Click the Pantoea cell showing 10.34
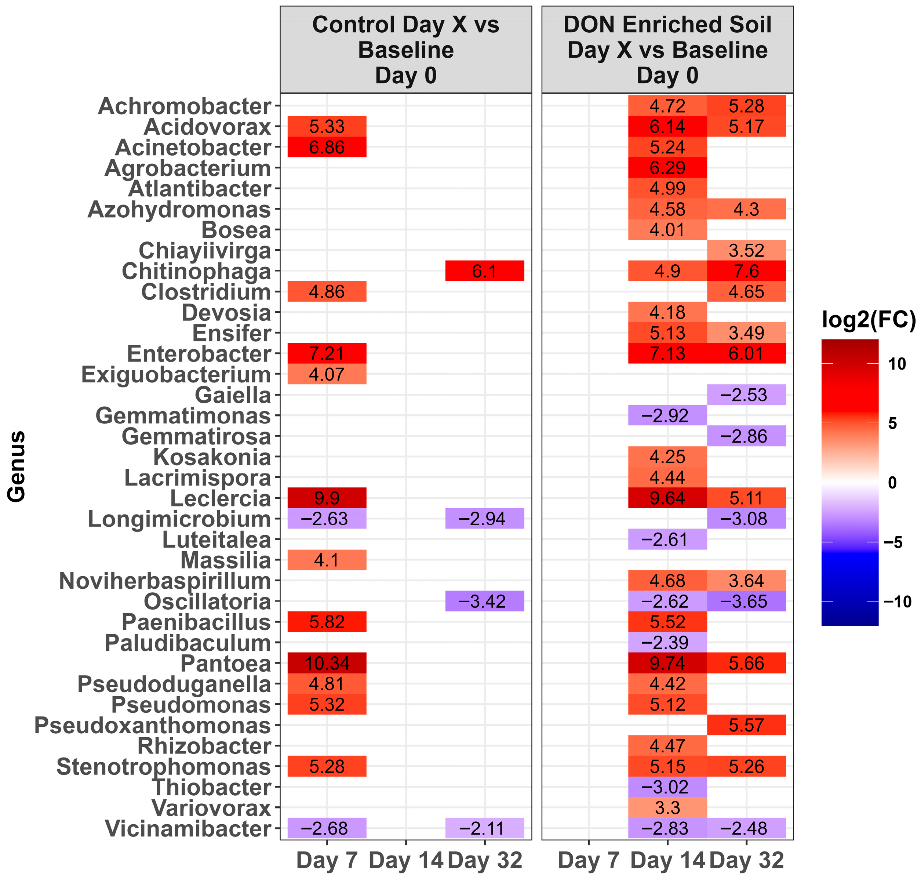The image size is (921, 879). tap(327, 663)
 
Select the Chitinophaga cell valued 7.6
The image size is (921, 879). tap(746, 271)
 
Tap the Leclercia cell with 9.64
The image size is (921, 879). tap(667, 498)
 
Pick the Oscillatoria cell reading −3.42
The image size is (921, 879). tap(484, 601)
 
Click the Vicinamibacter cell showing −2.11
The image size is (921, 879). tap(484, 828)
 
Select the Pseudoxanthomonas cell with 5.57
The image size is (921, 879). tap(746, 725)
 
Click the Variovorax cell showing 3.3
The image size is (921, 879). tap(667, 808)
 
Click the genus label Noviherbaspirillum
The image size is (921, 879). tap(165, 581)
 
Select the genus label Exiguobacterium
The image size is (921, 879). tap(176, 374)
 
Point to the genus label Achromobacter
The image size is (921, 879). tap(185, 106)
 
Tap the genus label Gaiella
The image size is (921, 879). tap(233, 395)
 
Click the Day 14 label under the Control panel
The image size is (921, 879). tap(406, 860)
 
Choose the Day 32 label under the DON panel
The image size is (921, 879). tap(746, 860)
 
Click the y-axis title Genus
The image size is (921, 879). tap(17, 466)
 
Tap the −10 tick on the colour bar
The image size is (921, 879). tap(897, 601)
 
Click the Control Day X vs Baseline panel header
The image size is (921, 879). tap(406, 50)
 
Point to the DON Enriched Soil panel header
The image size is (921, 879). tap(667, 50)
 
